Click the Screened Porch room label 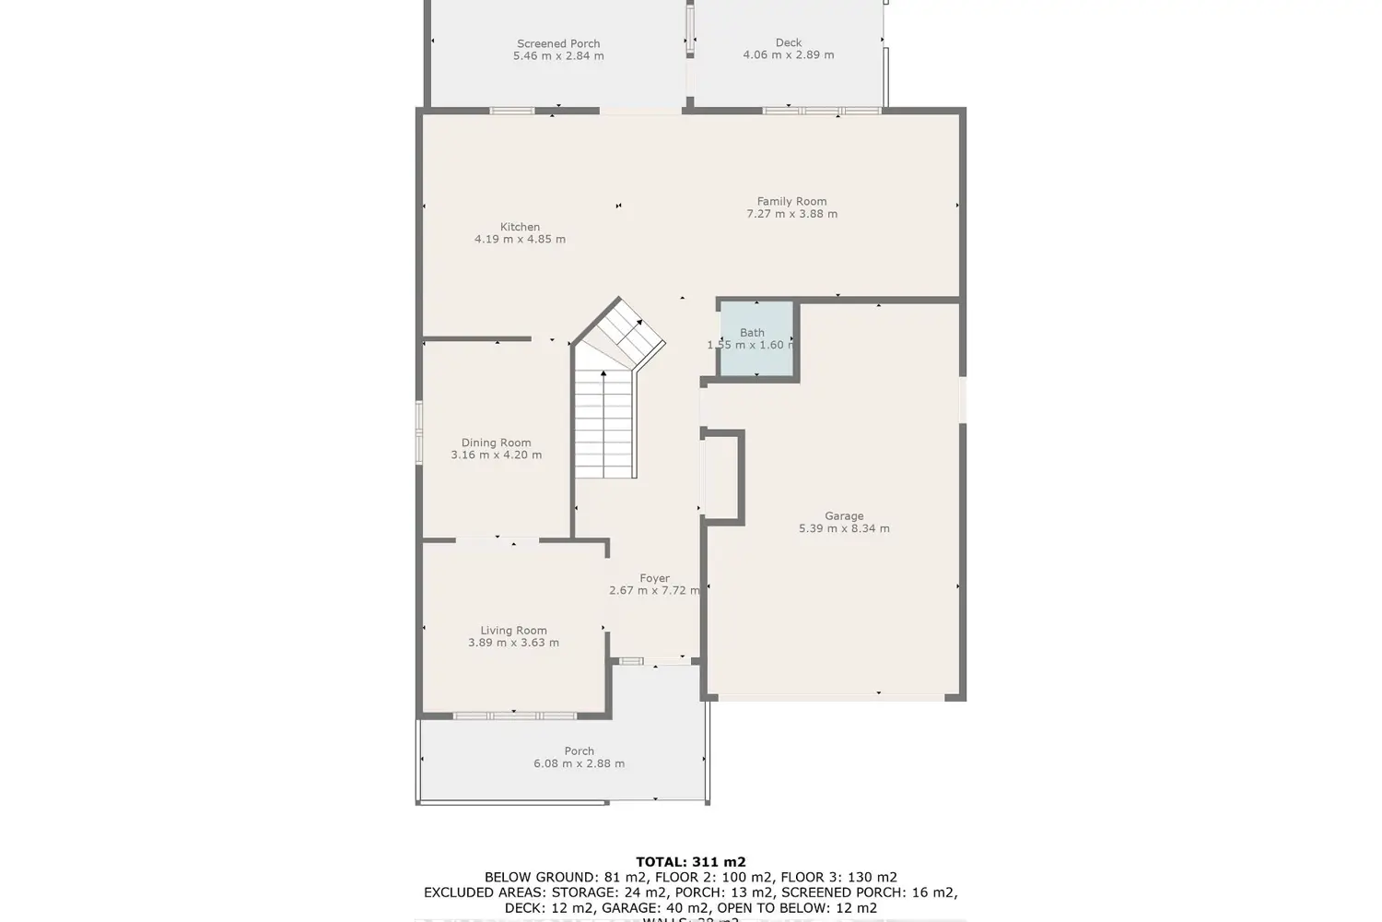(558, 43)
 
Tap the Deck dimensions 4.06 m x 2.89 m (789, 55)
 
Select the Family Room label (791, 201)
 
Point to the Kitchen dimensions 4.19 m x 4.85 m (520, 240)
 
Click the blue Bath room (755, 339)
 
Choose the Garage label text (844, 516)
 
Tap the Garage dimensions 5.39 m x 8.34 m (844, 529)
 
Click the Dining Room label (496, 443)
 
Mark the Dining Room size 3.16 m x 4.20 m (496, 455)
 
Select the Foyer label (655, 578)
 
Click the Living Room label (513, 631)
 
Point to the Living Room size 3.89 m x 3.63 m (513, 644)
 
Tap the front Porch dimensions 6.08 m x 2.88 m (579, 763)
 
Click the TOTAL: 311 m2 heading (690, 863)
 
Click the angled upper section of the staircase (623, 332)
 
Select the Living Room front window (514, 715)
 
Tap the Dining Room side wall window (418, 431)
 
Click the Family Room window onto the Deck (821, 111)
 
